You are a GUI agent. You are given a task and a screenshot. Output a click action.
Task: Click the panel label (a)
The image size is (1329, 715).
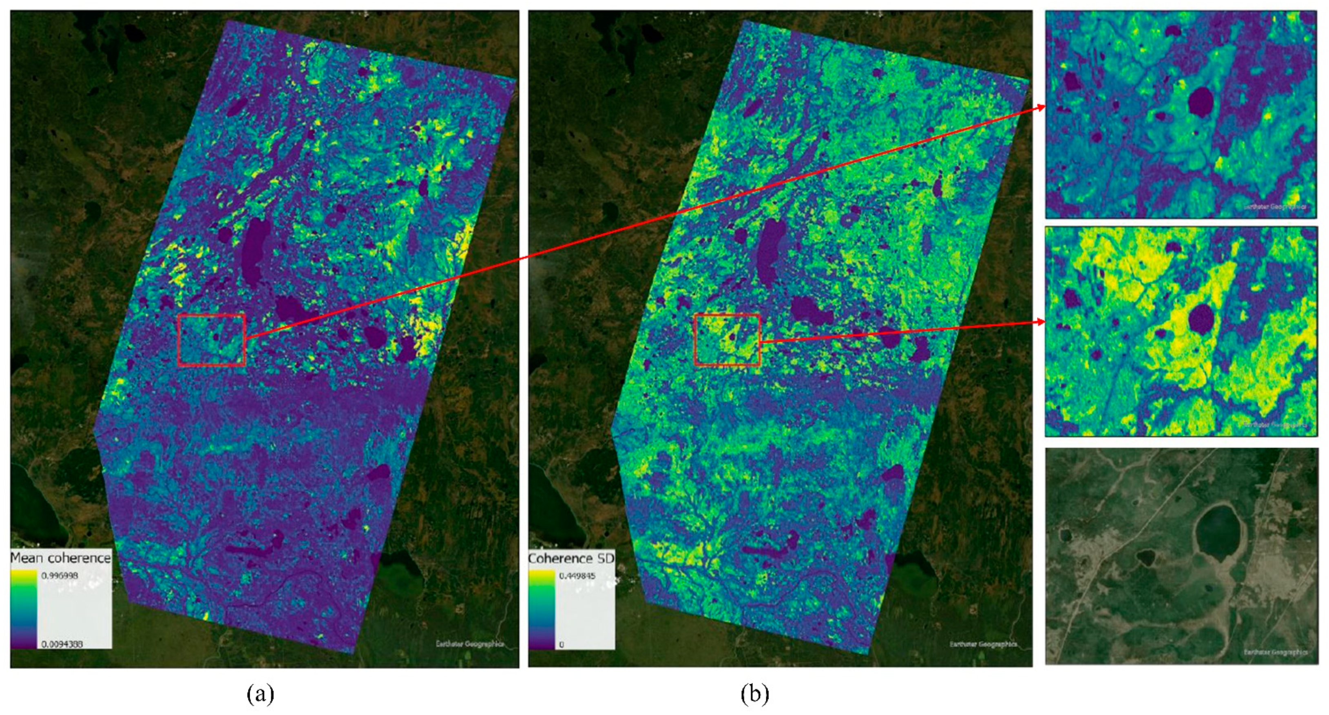click(x=260, y=694)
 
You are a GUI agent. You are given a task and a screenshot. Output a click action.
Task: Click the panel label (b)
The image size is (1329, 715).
click(x=754, y=694)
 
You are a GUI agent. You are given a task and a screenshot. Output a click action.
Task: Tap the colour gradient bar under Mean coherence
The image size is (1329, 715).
click(x=24, y=609)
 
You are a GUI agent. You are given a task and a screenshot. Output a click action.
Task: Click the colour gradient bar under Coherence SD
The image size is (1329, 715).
click(x=541, y=609)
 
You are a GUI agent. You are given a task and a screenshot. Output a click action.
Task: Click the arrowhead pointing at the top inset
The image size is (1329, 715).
click(x=1041, y=107)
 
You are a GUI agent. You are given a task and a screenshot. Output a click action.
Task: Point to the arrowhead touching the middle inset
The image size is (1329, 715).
click(x=1041, y=322)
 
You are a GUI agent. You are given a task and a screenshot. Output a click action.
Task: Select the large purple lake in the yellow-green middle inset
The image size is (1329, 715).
click(x=1201, y=318)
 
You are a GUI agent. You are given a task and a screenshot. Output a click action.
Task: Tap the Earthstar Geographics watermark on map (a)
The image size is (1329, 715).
click(x=469, y=644)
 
